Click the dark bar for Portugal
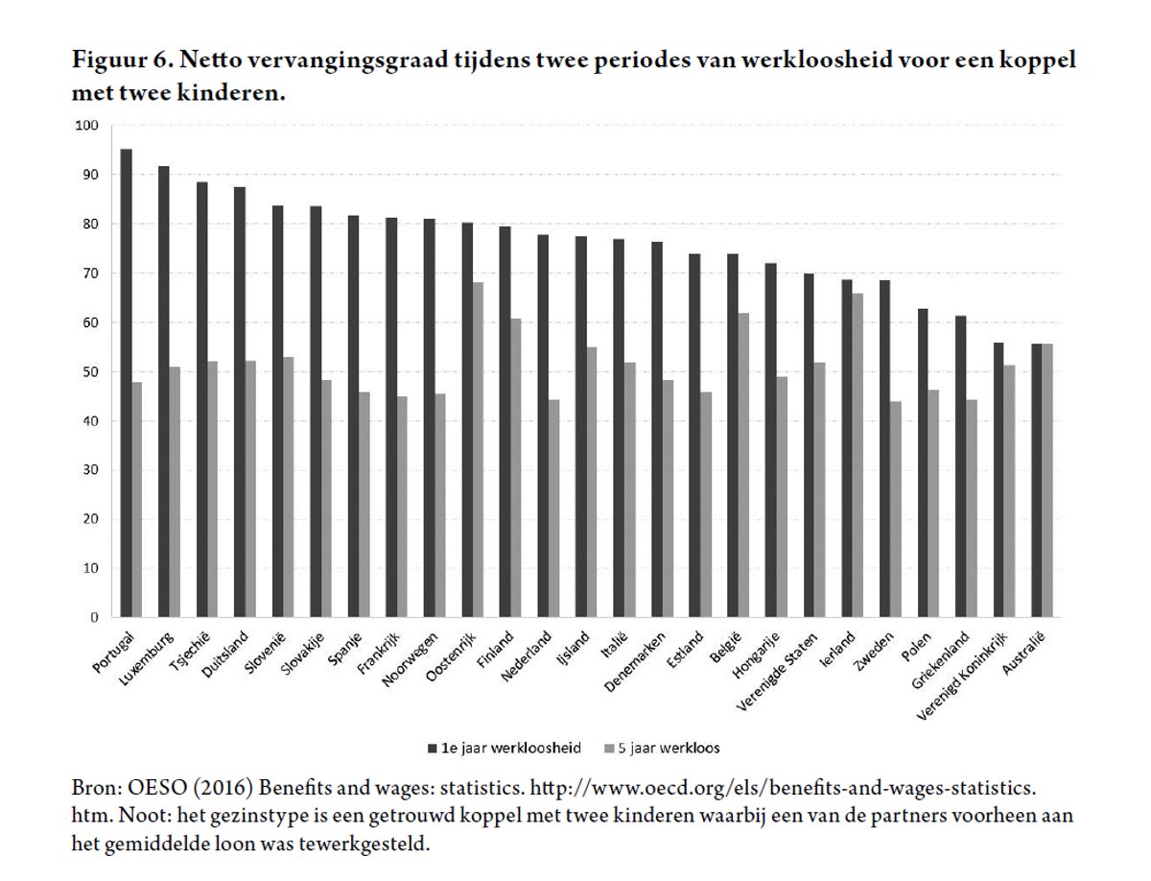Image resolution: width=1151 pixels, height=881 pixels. click(127, 384)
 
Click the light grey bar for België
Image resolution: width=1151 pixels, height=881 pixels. click(743, 464)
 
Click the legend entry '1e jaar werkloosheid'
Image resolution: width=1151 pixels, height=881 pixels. click(509, 748)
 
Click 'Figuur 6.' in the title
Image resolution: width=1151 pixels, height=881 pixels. click(123, 60)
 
